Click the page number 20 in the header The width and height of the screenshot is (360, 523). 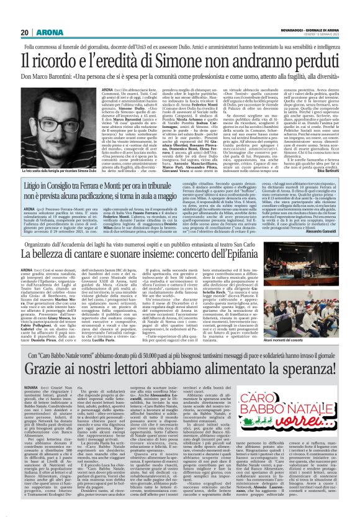pos(24,14)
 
